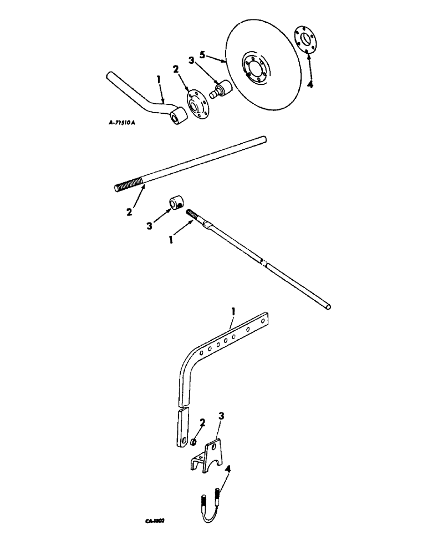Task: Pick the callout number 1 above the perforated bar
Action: (x=233, y=313)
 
